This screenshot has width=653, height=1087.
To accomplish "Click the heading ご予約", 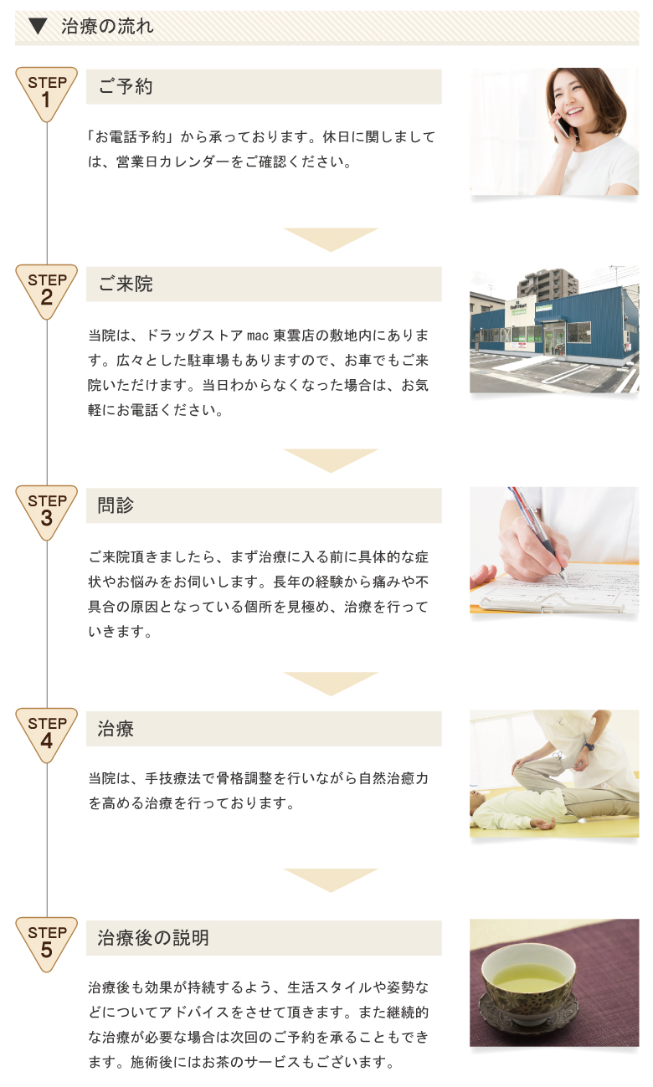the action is pos(126,87).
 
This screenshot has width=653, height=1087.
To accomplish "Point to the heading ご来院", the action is pos(126,284).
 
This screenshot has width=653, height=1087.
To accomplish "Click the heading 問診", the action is pos(116,505).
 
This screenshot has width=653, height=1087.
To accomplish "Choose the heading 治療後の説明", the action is pos(153,937).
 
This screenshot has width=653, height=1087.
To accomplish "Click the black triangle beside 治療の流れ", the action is pos(37,27).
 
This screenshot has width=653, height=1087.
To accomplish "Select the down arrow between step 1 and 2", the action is pos(331,239).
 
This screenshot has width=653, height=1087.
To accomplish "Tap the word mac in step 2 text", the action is pos(258,336).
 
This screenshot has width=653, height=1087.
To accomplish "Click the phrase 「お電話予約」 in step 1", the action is pos(131,137).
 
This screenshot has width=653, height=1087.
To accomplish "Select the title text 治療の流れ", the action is pos(107,27).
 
